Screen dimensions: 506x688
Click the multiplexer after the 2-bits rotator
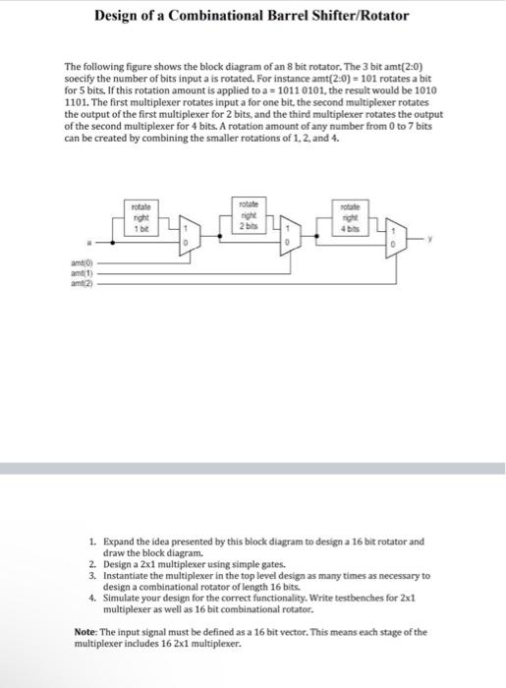point(288,237)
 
